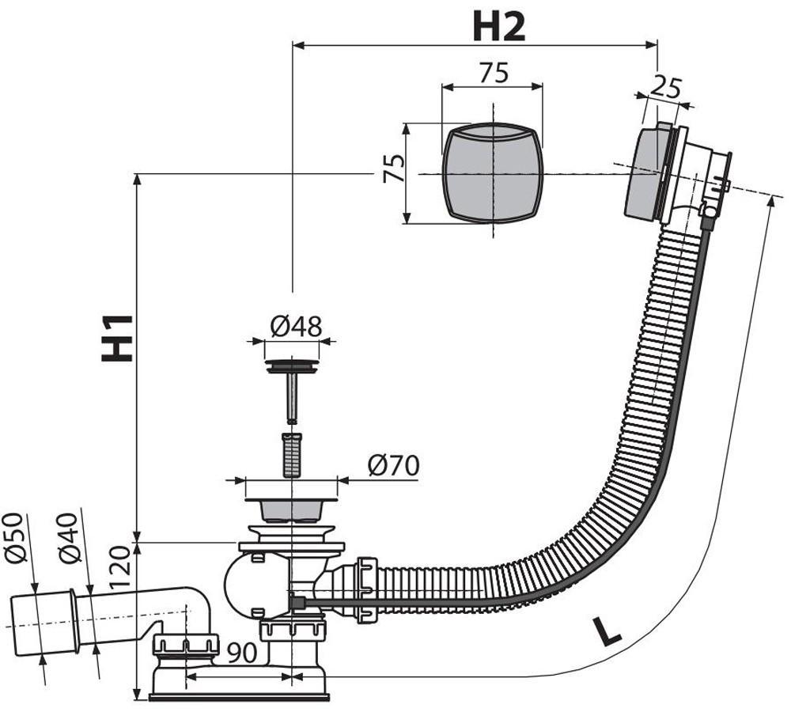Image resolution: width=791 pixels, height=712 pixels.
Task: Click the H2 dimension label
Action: click(499, 27)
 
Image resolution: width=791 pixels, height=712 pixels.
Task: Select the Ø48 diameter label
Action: click(296, 327)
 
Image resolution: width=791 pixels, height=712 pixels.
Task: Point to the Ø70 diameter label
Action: click(393, 465)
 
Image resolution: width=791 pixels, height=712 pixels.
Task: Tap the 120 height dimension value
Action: click(119, 567)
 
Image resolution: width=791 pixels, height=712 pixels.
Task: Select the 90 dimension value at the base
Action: click(242, 653)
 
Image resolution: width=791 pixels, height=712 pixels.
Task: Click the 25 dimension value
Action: click(665, 89)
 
